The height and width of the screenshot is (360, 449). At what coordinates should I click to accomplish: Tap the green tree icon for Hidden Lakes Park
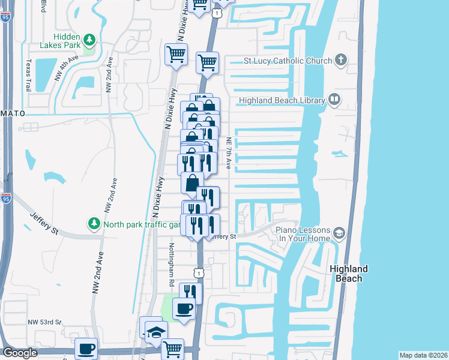pos(89,40)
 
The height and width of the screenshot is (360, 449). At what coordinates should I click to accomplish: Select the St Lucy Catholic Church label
pos(288,61)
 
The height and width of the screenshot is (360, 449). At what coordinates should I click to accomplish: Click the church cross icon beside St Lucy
pos(340,59)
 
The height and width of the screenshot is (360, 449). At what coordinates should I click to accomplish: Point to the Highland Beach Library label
pos(282,100)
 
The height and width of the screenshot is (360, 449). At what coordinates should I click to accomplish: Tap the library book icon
pos(334,100)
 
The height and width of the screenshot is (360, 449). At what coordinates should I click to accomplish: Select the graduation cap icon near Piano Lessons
pos(339,233)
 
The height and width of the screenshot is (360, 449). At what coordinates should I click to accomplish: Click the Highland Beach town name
pos(349,274)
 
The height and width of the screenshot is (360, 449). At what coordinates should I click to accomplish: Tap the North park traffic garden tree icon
pos(94,224)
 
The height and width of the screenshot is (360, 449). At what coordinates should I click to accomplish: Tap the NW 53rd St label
pos(44,322)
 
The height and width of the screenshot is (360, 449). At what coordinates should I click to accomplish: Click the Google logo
pos(20,353)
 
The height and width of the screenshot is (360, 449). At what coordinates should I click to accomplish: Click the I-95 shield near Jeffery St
pos(6,199)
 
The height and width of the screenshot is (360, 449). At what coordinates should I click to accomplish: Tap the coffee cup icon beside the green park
pos(184,310)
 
